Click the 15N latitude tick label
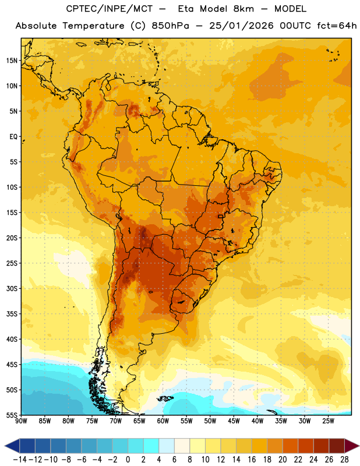point(12,61)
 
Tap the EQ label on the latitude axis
point(13,137)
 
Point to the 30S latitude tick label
point(12,288)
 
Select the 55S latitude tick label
point(12,415)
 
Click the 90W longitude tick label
point(21,421)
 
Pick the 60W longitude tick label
point(163,421)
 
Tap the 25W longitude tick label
point(328,421)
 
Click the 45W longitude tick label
point(234,421)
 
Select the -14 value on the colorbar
point(20,460)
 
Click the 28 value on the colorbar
point(344,460)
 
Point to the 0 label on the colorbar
point(128,460)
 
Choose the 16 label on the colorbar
point(252,460)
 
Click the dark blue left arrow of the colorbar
point(12,446)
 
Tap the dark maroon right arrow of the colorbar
point(352,446)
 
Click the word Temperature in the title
point(93,26)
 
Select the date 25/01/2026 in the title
point(241,26)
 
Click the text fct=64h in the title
point(337,26)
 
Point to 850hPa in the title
point(170,26)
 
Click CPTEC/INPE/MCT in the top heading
point(109,9)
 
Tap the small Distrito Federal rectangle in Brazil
point(220,216)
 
